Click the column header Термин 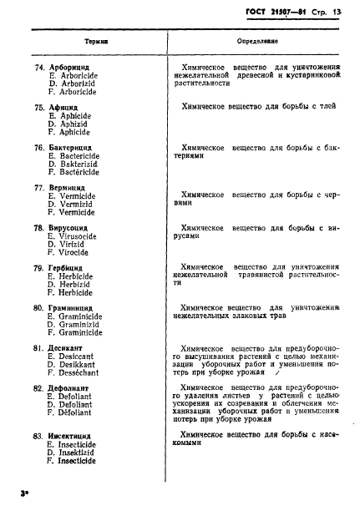(97, 40)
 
